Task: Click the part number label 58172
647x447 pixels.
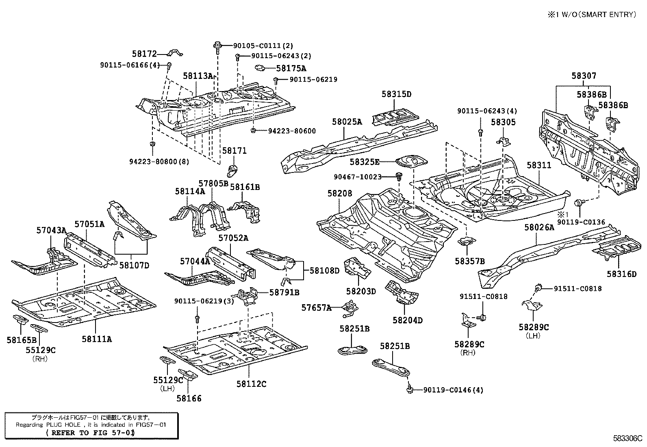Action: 144,53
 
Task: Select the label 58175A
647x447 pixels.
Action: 291,68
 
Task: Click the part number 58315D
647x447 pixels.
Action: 396,94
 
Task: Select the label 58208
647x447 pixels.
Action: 340,194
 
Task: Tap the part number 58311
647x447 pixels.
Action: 539,166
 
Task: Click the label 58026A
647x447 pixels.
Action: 539,227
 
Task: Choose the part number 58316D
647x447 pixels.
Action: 621,274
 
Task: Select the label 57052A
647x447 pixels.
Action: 233,238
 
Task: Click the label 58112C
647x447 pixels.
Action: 251,384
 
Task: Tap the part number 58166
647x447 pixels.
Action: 189,399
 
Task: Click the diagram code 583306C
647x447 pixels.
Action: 627,438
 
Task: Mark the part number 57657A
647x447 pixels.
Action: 316,308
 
